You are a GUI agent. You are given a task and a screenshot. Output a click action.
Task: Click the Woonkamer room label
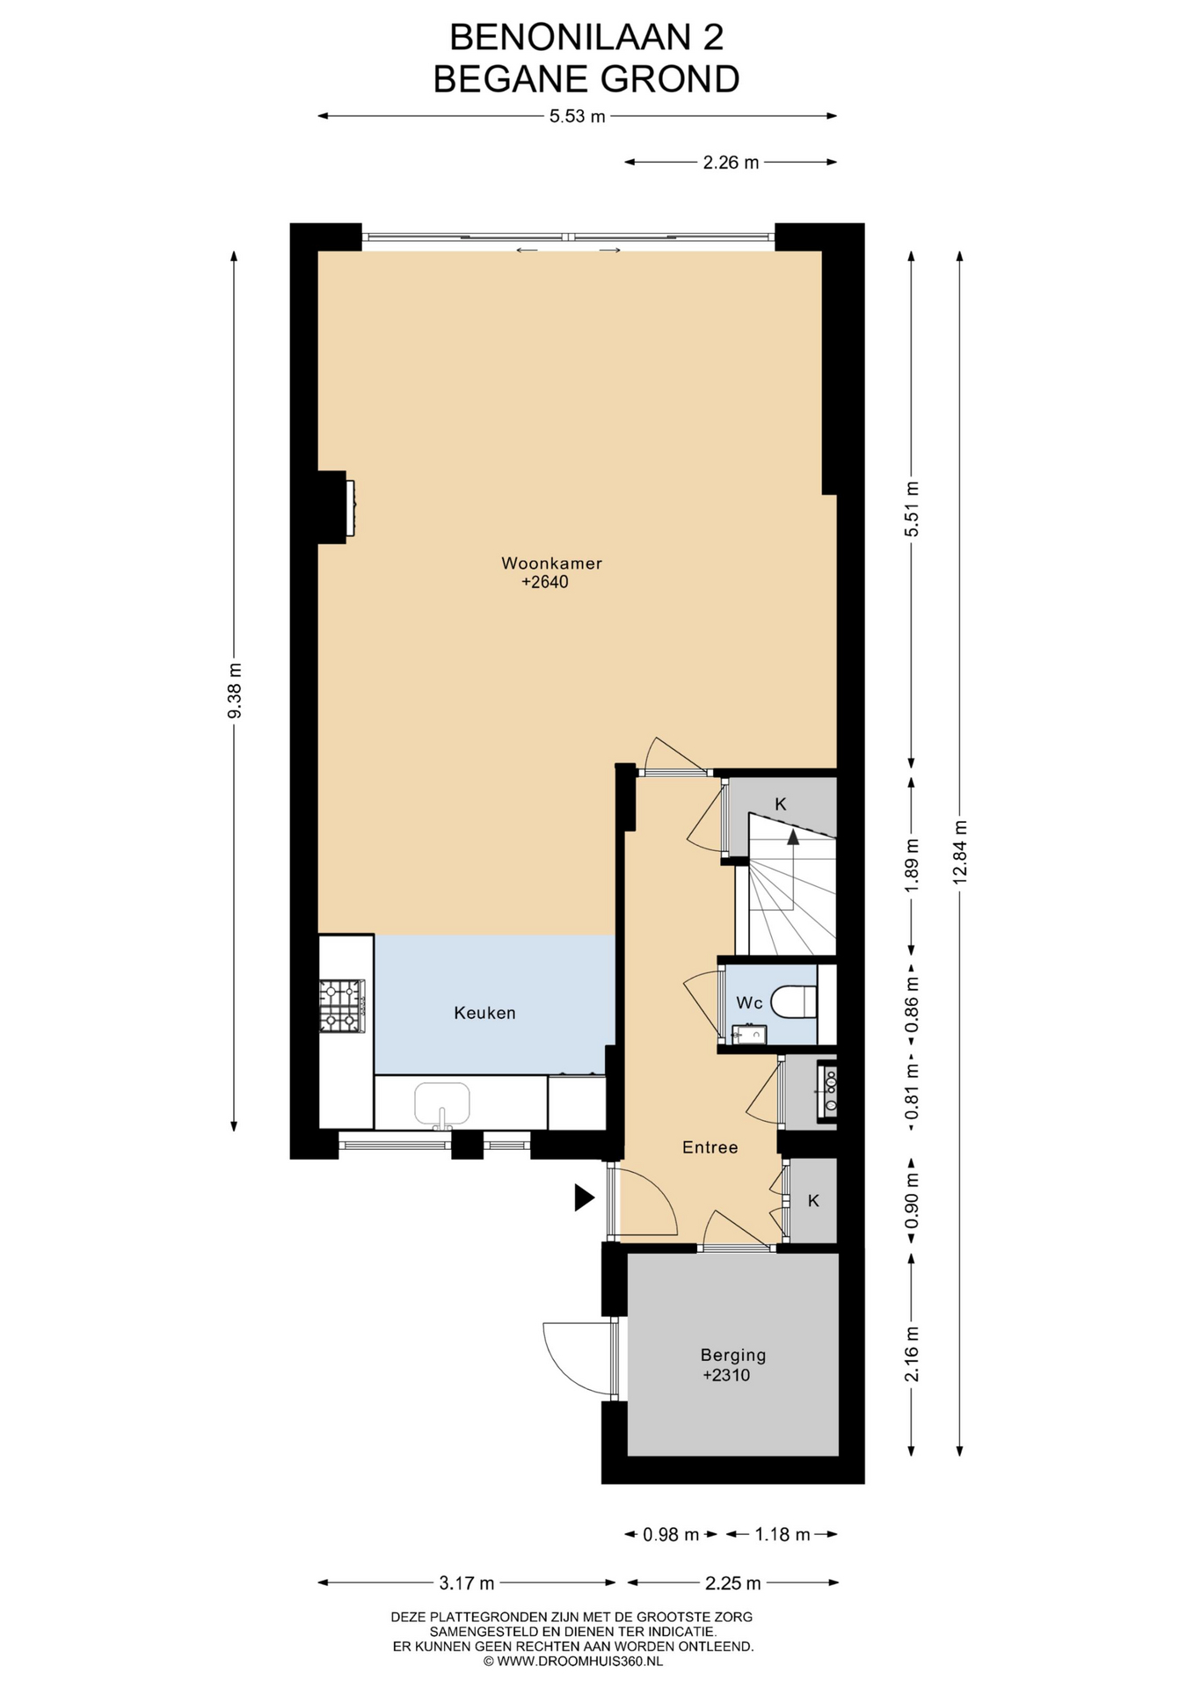click(x=551, y=564)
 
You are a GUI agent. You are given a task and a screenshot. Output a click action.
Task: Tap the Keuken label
click(x=484, y=1013)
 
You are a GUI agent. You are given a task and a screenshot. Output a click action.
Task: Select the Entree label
click(x=710, y=1147)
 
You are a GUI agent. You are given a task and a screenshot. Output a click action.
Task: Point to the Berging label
click(x=733, y=1356)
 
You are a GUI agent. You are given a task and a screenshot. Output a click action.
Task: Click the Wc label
click(x=749, y=1003)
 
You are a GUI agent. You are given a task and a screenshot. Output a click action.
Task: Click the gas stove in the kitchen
click(x=342, y=1006)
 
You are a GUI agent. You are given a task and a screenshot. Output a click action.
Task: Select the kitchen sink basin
click(x=442, y=1104)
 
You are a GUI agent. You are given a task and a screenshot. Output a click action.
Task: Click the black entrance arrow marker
click(x=585, y=1197)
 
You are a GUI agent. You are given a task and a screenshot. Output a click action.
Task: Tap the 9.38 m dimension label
click(x=234, y=690)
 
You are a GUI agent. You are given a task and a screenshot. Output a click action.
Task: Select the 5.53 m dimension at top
click(x=578, y=116)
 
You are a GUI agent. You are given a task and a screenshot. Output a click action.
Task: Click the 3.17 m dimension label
click(x=467, y=1583)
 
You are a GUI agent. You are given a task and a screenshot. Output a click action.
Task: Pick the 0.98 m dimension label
click(x=671, y=1535)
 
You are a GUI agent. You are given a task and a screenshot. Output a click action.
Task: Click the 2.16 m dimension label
click(x=912, y=1354)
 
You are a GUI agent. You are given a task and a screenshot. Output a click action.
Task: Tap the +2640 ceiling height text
click(x=545, y=582)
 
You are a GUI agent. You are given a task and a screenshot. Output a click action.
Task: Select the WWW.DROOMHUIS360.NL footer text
click(x=580, y=1661)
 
